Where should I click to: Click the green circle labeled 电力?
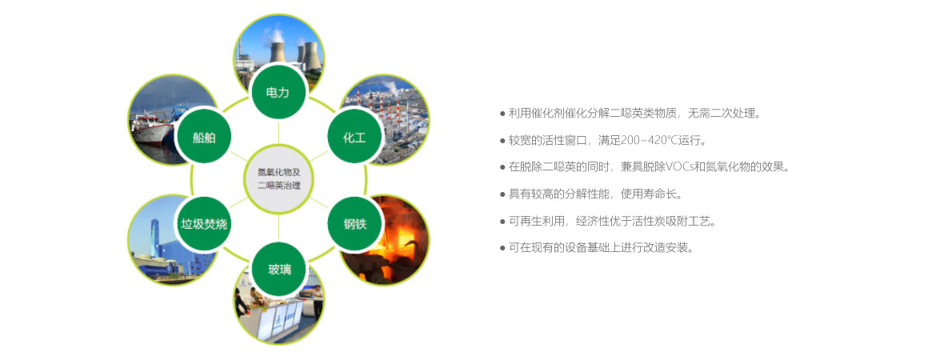click(278, 93)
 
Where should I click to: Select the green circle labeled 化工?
click(354, 138)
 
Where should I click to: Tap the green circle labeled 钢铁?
click(354, 224)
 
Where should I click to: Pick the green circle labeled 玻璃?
click(278, 270)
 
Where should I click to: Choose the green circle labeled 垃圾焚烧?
click(203, 224)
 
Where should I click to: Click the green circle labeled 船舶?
click(203, 138)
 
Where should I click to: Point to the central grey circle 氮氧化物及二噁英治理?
click(278, 179)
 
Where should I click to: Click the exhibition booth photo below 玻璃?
click(280, 316)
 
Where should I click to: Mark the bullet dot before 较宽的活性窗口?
click(502, 141)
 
